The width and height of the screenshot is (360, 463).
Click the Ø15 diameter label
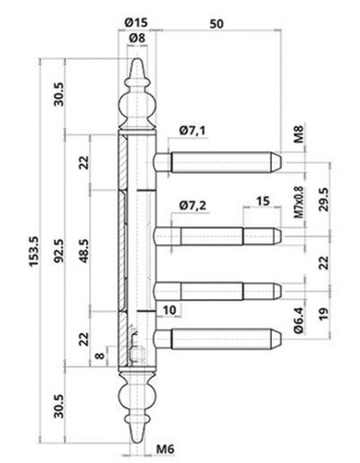(136, 22)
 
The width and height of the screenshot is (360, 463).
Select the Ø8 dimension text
(137, 38)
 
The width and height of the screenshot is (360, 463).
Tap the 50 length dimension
(217, 24)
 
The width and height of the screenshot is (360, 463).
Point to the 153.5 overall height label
(33, 251)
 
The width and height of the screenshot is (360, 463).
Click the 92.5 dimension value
(59, 251)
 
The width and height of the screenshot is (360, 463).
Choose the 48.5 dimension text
(84, 251)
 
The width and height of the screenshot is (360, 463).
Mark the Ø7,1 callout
(192, 131)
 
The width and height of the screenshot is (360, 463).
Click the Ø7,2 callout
(192, 205)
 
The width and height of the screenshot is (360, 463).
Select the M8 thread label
(299, 133)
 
